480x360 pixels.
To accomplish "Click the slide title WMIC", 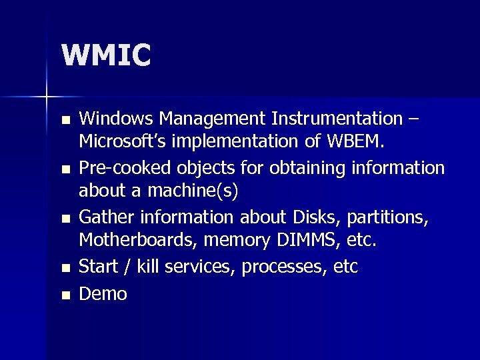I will (x=106, y=55).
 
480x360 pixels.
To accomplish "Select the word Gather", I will (x=106, y=217).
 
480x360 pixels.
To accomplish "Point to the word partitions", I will (x=389, y=217).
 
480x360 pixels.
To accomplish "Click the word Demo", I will (x=103, y=293).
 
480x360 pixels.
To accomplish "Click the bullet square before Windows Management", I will (x=64, y=121).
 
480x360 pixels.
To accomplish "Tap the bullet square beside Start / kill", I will (x=64, y=269).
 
